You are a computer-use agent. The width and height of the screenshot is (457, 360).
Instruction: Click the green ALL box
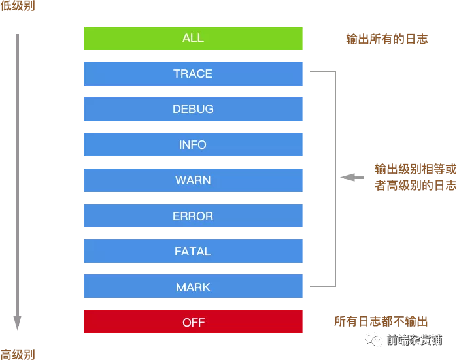point(193,39)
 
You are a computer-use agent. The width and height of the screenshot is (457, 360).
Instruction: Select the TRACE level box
point(193,74)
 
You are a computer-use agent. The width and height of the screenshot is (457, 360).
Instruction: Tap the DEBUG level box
point(193,109)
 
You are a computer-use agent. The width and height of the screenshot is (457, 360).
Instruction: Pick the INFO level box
point(193,145)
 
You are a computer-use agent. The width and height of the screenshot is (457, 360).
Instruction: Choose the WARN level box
point(193,180)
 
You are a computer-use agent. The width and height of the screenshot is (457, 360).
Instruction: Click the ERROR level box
point(193,216)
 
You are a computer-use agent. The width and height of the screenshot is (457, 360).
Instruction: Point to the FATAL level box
point(193,252)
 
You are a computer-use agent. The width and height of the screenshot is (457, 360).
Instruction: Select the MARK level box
point(193,287)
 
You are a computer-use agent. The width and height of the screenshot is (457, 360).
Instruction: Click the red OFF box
point(193,322)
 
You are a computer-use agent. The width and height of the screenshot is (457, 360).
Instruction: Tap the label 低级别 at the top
point(18,6)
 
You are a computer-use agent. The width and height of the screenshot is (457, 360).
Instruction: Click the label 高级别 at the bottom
point(18,355)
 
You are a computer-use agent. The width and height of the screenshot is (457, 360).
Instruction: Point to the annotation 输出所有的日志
point(386,39)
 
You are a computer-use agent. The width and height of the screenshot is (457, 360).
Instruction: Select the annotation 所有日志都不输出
point(381,321)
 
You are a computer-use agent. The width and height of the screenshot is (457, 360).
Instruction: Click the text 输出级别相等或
point(415,169)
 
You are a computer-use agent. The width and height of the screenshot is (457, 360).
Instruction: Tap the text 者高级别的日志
point(415,186)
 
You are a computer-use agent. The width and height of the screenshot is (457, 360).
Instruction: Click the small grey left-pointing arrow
point(352,177)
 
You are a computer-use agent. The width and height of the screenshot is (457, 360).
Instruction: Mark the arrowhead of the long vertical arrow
point(18,323)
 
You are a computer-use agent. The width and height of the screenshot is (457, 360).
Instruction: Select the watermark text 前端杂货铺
point(414,340)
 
